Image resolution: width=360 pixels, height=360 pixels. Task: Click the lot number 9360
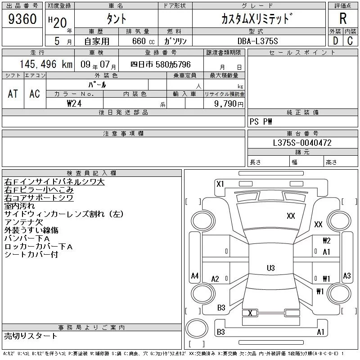pyautogui.click(x=22, y=19)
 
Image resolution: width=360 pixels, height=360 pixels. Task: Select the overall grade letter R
pyautogui.click(x=343, y=18)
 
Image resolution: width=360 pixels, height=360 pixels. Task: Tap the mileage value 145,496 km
pyautogui.click(x=46, y=64)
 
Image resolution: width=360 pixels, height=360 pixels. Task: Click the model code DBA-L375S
pyautogui.click(x=257, y=41)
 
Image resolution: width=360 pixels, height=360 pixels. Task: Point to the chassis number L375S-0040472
pyautogui.click(x=302, y=143)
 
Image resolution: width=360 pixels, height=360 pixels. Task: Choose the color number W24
pyautogui.click(x=74, y=103)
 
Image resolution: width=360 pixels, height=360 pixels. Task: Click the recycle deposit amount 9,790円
pyautogui.click(x=229, y=103)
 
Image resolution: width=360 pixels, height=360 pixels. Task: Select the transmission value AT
pyautogui.click(x=13, y=94)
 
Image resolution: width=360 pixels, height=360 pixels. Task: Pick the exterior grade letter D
pyautogui.click(x=335, y=41)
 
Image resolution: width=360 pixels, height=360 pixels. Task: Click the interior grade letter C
pyautogui.click(x=350, y=41)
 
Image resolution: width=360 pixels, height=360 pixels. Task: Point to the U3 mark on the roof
pyautogui.click(x=271, y=268)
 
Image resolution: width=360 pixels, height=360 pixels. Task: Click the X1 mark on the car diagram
pyautogui.click(x=220, y=184)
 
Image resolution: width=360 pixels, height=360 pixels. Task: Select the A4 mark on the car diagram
pyautogui.click(x=195, y=275)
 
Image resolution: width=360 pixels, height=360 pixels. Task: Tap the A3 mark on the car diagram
pyautogui.click(x=346, y=275)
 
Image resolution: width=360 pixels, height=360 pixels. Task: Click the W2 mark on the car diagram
pyautogui.click(x=327, y=241)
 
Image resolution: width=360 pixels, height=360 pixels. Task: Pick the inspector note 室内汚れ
pyautogui.click(x=19, y=206)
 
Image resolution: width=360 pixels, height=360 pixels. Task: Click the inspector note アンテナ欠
pyautogui.click(x=24, y=222)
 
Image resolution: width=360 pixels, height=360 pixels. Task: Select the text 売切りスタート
pyautogui.click(x=31, y=336)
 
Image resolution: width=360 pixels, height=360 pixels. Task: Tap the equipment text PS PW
pyautogui.click(x=261, y=121)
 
